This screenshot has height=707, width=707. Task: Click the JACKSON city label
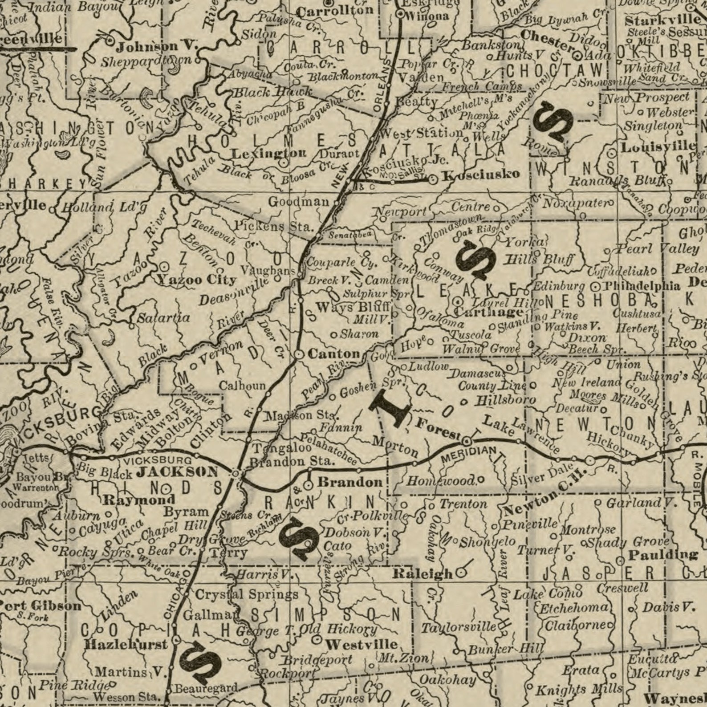click(x=177, y=472)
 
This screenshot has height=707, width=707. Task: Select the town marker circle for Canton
click(x=299, y=354)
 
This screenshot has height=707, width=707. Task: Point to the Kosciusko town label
click(x=482, y=174)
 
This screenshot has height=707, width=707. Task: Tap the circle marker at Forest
click(x=466, y=442)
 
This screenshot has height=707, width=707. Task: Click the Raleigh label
click(x=422, y=574)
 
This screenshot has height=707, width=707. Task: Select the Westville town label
click(x=361, y=644)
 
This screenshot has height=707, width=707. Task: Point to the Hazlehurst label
click(x=126, y=644)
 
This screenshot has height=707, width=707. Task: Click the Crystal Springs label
click(x=247, y=594)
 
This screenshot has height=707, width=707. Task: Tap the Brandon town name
click(x=350, y=482)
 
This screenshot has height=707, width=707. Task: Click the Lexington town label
click(x=269, y=154)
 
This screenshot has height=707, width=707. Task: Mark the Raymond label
click(x=139, y=500)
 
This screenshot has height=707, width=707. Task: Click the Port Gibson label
click(x=41, y=605)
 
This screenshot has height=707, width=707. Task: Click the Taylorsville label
click(x=459, y=627)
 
